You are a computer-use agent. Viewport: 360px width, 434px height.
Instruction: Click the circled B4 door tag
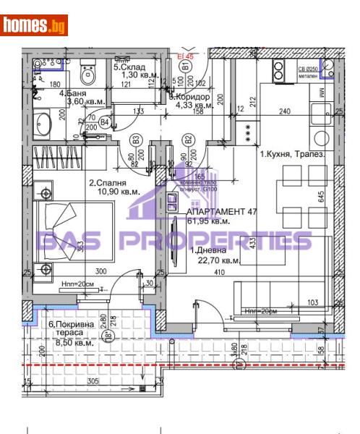[x=105, y=123]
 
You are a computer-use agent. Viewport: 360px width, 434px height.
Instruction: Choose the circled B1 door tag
[x=185, y=65]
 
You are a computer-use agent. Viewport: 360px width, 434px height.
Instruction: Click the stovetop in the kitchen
[x=278, y=71]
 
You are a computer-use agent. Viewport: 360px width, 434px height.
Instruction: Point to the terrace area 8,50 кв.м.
[x=75, y=344]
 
